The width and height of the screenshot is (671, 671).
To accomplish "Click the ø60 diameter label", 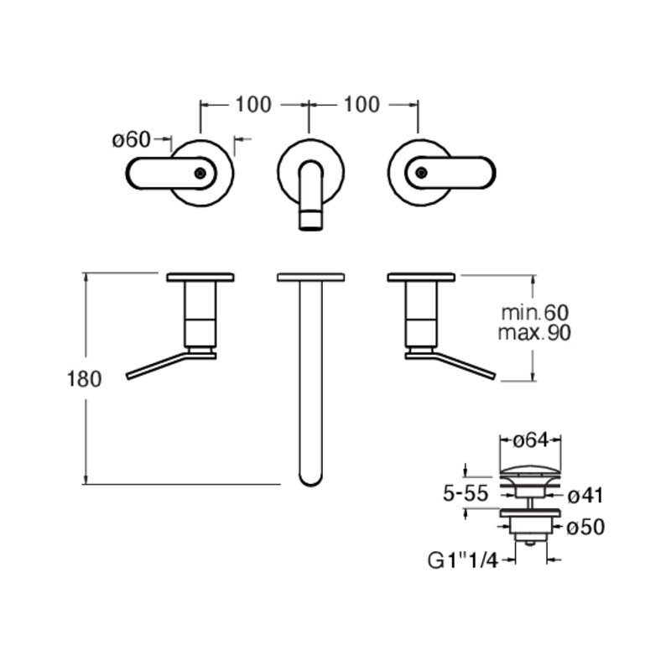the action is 132,139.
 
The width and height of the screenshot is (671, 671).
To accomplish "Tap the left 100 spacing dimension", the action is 253,104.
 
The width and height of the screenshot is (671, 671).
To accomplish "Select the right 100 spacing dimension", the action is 362,104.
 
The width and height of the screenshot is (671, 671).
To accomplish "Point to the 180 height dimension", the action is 85,379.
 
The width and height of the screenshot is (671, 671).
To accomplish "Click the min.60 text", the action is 535,313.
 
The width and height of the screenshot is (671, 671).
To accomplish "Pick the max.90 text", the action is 534,332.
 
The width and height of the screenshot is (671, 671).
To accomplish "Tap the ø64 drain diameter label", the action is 531,440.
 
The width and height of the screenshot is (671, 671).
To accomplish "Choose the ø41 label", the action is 585,496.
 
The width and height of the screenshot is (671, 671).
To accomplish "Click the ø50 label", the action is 585,528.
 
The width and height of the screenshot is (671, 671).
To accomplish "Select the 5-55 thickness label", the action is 466,493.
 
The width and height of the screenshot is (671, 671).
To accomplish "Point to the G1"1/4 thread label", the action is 463,560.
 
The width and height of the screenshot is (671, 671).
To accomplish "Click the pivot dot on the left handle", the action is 200,173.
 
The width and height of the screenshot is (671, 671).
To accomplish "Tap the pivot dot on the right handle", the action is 422,173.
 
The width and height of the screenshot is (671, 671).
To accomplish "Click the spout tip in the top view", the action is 310,220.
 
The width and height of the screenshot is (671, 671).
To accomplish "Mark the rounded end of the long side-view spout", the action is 310,478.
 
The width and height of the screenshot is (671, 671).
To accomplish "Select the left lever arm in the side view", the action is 158,366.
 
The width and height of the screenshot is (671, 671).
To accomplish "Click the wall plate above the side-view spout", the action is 311,277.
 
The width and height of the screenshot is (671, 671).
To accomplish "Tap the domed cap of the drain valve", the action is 530,471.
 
